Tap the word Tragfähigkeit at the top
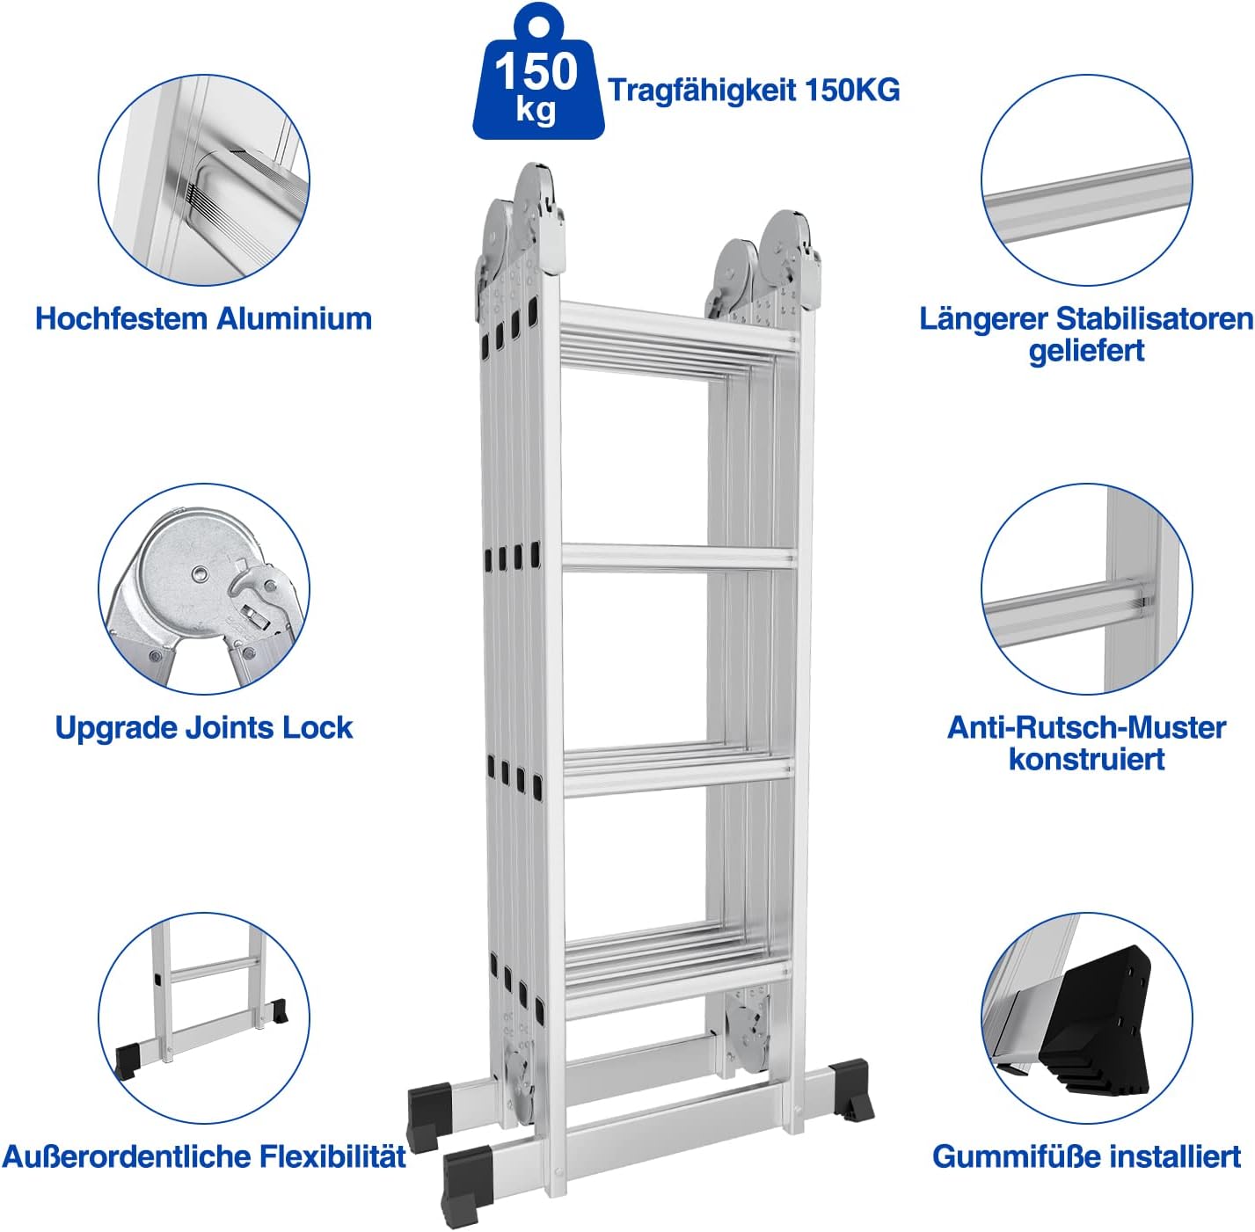click(703, 91)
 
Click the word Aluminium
click(294, 318)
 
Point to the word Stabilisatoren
click(1154, 318)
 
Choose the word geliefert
click(1086, 351)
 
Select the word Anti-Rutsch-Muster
click(1086, 727)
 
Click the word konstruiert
click(1086, 759)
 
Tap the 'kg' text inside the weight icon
click(536, 110)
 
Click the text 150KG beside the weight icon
click(852, 91)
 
